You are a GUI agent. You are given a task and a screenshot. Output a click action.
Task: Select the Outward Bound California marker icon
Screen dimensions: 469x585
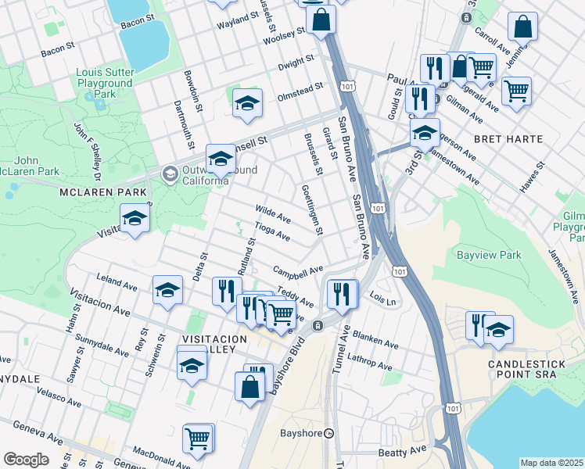point(169,173)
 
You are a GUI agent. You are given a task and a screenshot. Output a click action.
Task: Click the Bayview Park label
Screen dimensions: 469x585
point(488,256)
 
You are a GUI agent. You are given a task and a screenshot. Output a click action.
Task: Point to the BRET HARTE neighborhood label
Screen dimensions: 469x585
point(508,139)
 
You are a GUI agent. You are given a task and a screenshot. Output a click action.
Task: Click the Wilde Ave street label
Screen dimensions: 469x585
point(273,213)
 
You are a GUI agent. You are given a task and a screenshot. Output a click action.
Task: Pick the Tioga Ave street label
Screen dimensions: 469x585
point(273,232)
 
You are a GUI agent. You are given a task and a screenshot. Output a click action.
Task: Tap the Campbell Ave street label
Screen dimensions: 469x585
point(298,270)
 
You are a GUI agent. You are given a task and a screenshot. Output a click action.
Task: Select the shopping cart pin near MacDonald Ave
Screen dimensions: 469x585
point(198,438)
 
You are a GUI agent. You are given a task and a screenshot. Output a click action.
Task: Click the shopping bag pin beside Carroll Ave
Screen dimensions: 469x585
point(522,27)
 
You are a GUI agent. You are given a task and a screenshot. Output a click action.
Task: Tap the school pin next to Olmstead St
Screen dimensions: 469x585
point(247,104)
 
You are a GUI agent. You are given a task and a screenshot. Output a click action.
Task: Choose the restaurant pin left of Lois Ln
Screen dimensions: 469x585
point(342,294)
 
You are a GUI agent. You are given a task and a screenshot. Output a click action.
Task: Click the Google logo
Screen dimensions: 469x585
point(26,460)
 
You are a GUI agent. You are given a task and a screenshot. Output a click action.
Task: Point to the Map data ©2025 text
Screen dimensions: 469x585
point(551,463)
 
